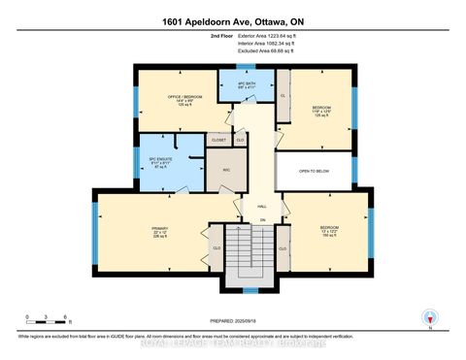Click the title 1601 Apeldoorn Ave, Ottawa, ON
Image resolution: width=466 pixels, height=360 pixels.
click(232, 17)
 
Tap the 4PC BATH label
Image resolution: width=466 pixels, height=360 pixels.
click(239, 82)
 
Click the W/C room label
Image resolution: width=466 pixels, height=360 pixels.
click(225, 170)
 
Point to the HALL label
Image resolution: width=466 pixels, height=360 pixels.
click(261, 207)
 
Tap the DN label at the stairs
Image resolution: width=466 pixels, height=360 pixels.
click(262, 219)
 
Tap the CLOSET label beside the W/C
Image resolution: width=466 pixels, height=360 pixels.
click(218, 141)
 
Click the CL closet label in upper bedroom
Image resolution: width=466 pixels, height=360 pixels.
click(283, 96)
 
